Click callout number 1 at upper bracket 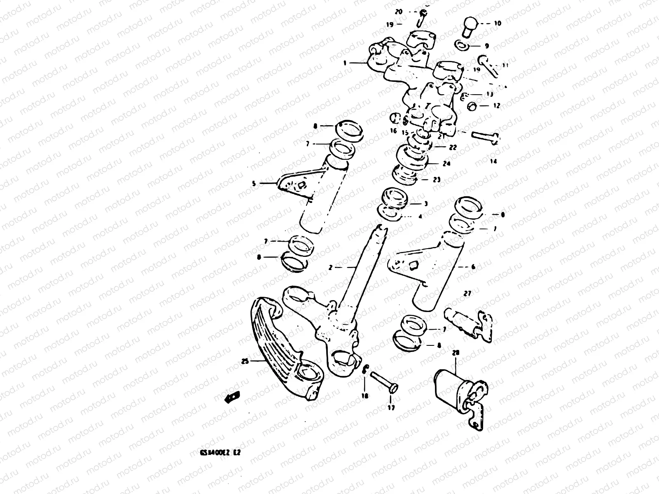pos(345,63)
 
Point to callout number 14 pos(493,162)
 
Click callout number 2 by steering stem pos(330,267)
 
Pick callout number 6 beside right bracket pos(473,267)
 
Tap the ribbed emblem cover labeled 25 pos(280,350)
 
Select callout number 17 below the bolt pos(391,408)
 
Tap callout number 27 pos(467,294)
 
